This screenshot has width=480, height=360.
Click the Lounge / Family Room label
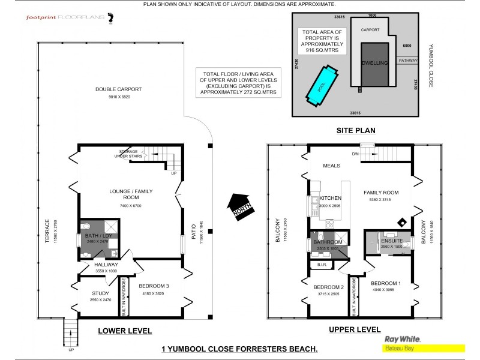pyautogui.click(x=128, y=193)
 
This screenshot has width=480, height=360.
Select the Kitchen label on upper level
pyautogui.click(x=330, y=198)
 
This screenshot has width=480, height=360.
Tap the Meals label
pyautogui.click(x=331, y=166)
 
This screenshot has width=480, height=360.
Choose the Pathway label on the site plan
pyautogui.click(x=408, y=60)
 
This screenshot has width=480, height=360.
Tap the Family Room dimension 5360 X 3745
pyautogui.click(x=380, y=200)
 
